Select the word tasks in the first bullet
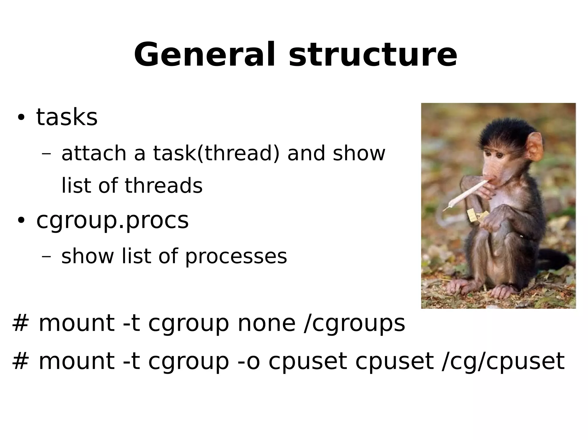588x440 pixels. [67, 118]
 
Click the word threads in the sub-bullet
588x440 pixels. [163, 185]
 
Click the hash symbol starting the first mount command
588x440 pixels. [20, 323]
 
